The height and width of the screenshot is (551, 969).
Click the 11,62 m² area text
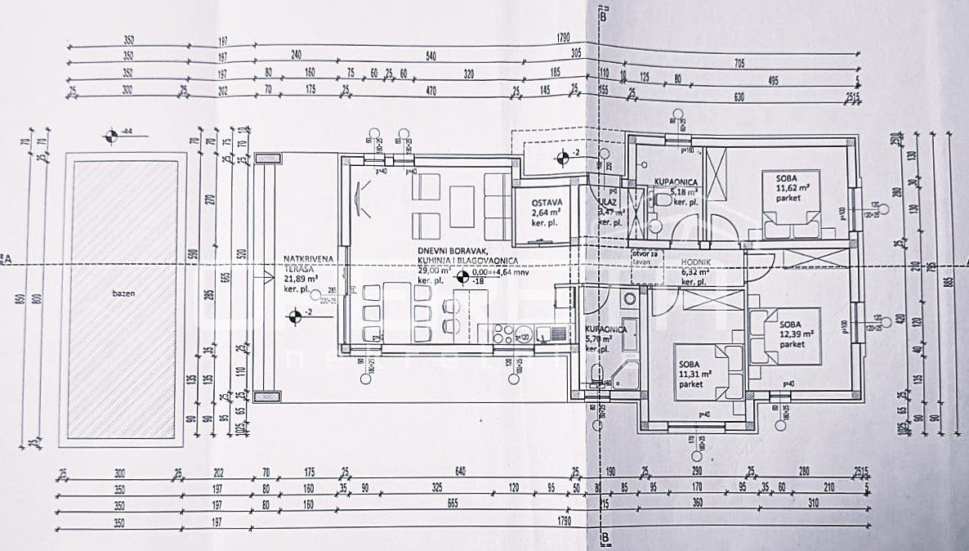pyautogui.click(x=793, y=187)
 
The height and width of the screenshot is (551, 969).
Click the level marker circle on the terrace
pyautogui.click(x=292, y=315)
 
